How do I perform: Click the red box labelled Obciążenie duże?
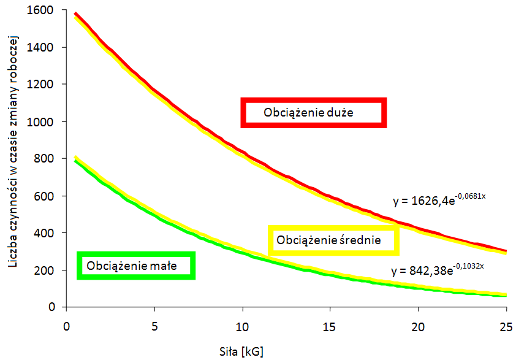click(x=313, y=113)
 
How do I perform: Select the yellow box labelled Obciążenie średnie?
click(x=333, y=240)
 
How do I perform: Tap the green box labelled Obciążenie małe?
click(x=136, y=266)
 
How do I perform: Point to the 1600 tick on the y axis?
click(x=40, y=10)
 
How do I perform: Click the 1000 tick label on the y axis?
click(x=40, y=121)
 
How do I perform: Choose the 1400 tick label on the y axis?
click(x=40, y=47)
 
